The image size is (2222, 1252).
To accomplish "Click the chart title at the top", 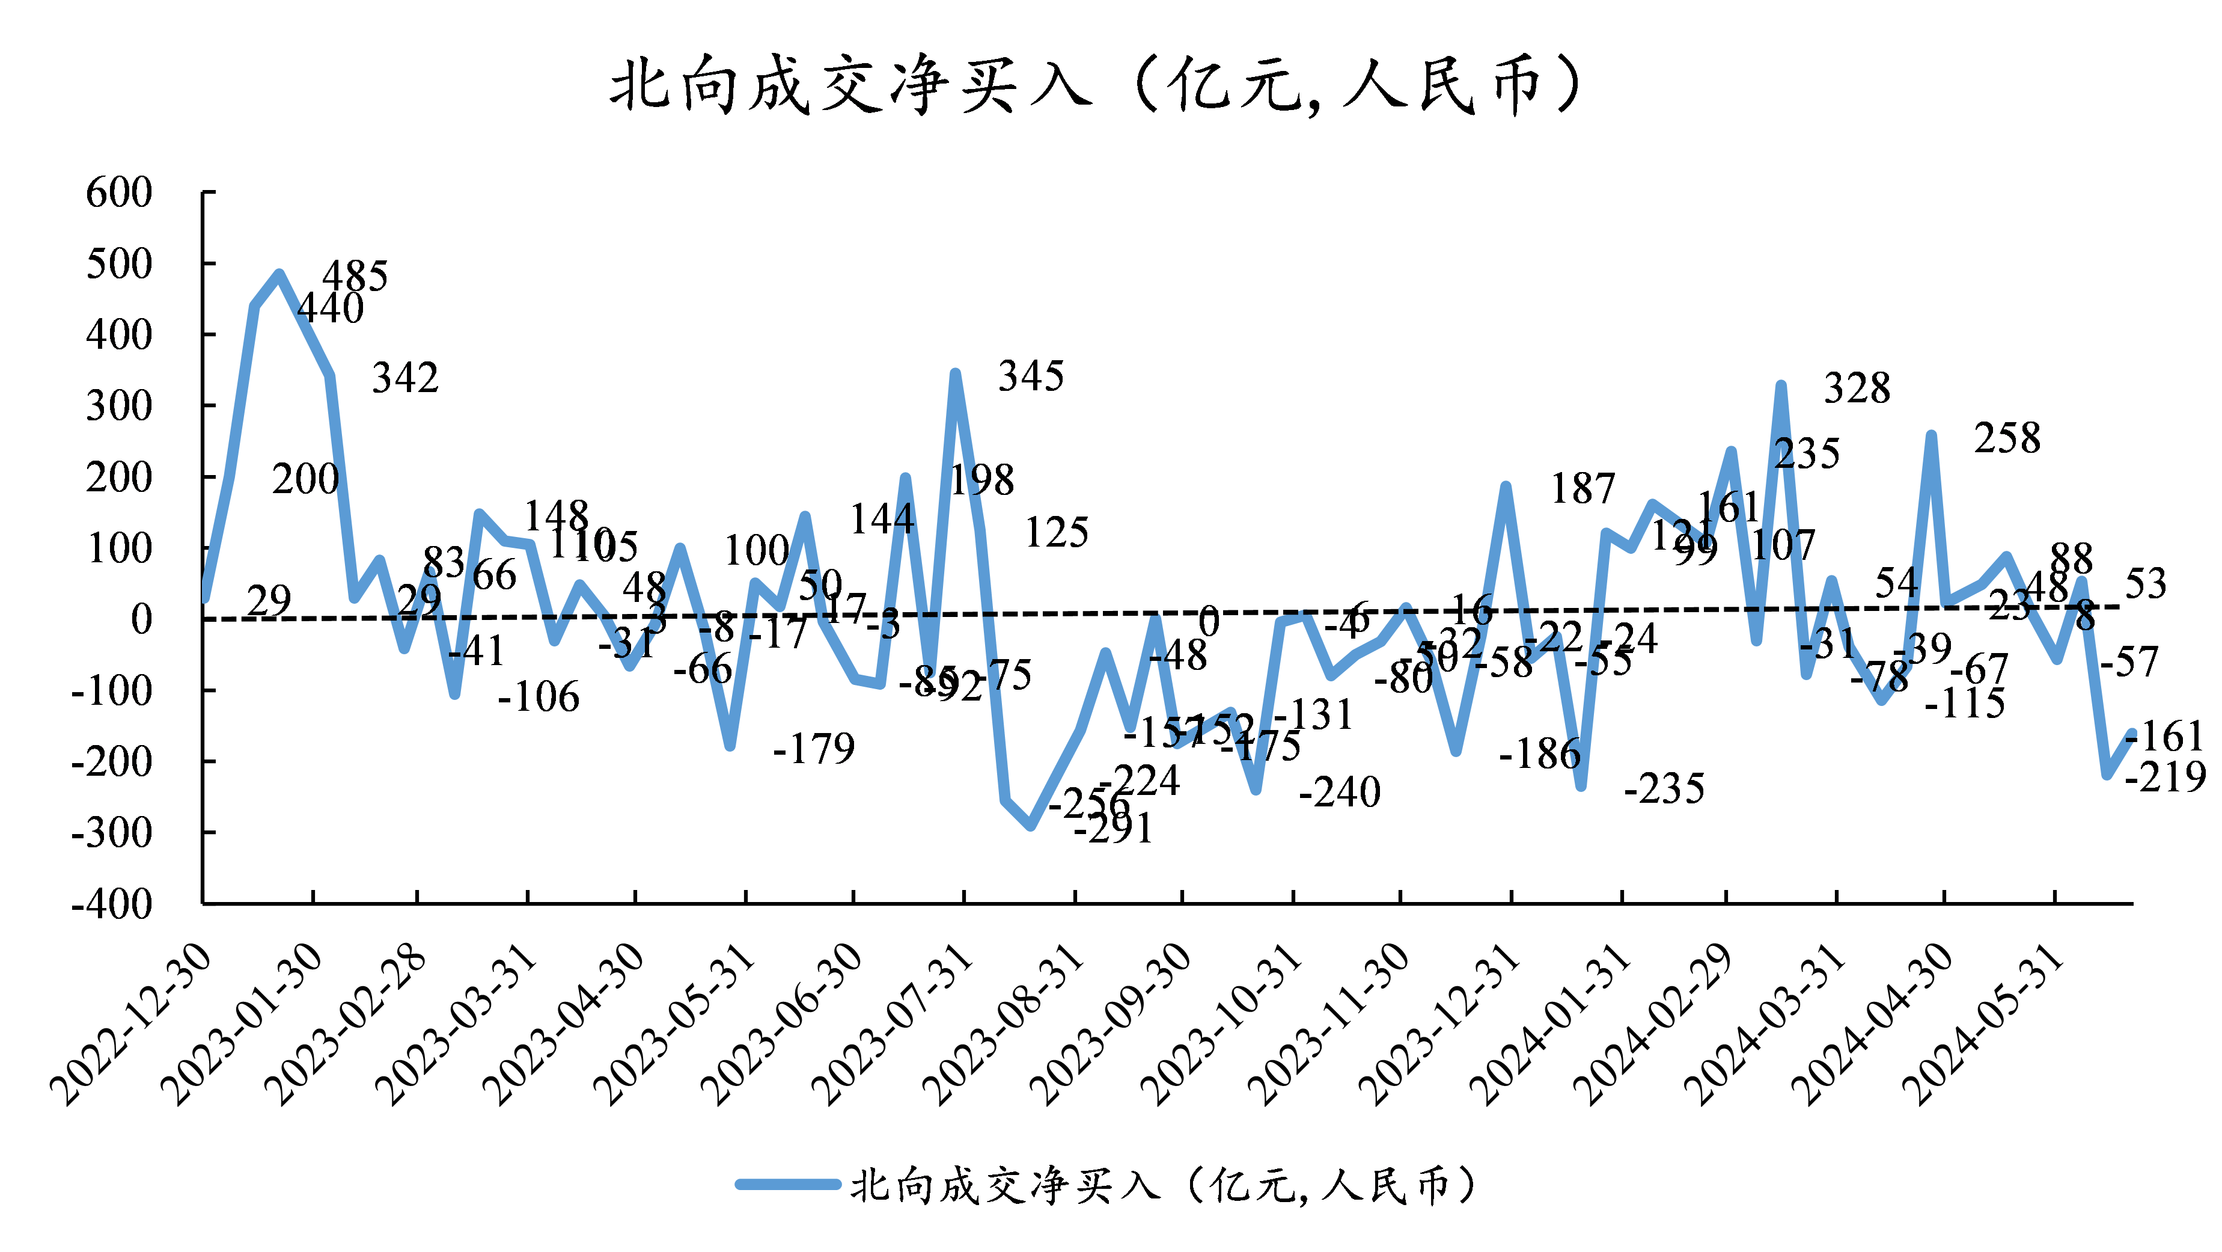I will [1096, 85].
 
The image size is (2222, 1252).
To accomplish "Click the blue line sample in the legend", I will [787, 1185].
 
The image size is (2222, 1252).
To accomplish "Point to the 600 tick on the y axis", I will [119, 192].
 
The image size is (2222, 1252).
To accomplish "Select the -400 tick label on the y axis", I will [112, 904].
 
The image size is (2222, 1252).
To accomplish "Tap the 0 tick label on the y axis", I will [141, 619].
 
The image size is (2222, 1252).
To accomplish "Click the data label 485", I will [355, 276].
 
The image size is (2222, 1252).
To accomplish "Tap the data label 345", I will [1031, 376].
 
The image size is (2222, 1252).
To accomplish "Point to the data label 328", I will [1857, 388].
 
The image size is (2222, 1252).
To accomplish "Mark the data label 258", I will [2007, 438].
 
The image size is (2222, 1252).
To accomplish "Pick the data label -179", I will [813, 748].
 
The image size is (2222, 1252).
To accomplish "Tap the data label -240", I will [1340, 791].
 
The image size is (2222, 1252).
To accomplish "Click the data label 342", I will [404, 378].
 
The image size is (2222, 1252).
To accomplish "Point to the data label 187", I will [1583, 489].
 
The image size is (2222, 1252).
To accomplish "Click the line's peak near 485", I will [279, 274].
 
